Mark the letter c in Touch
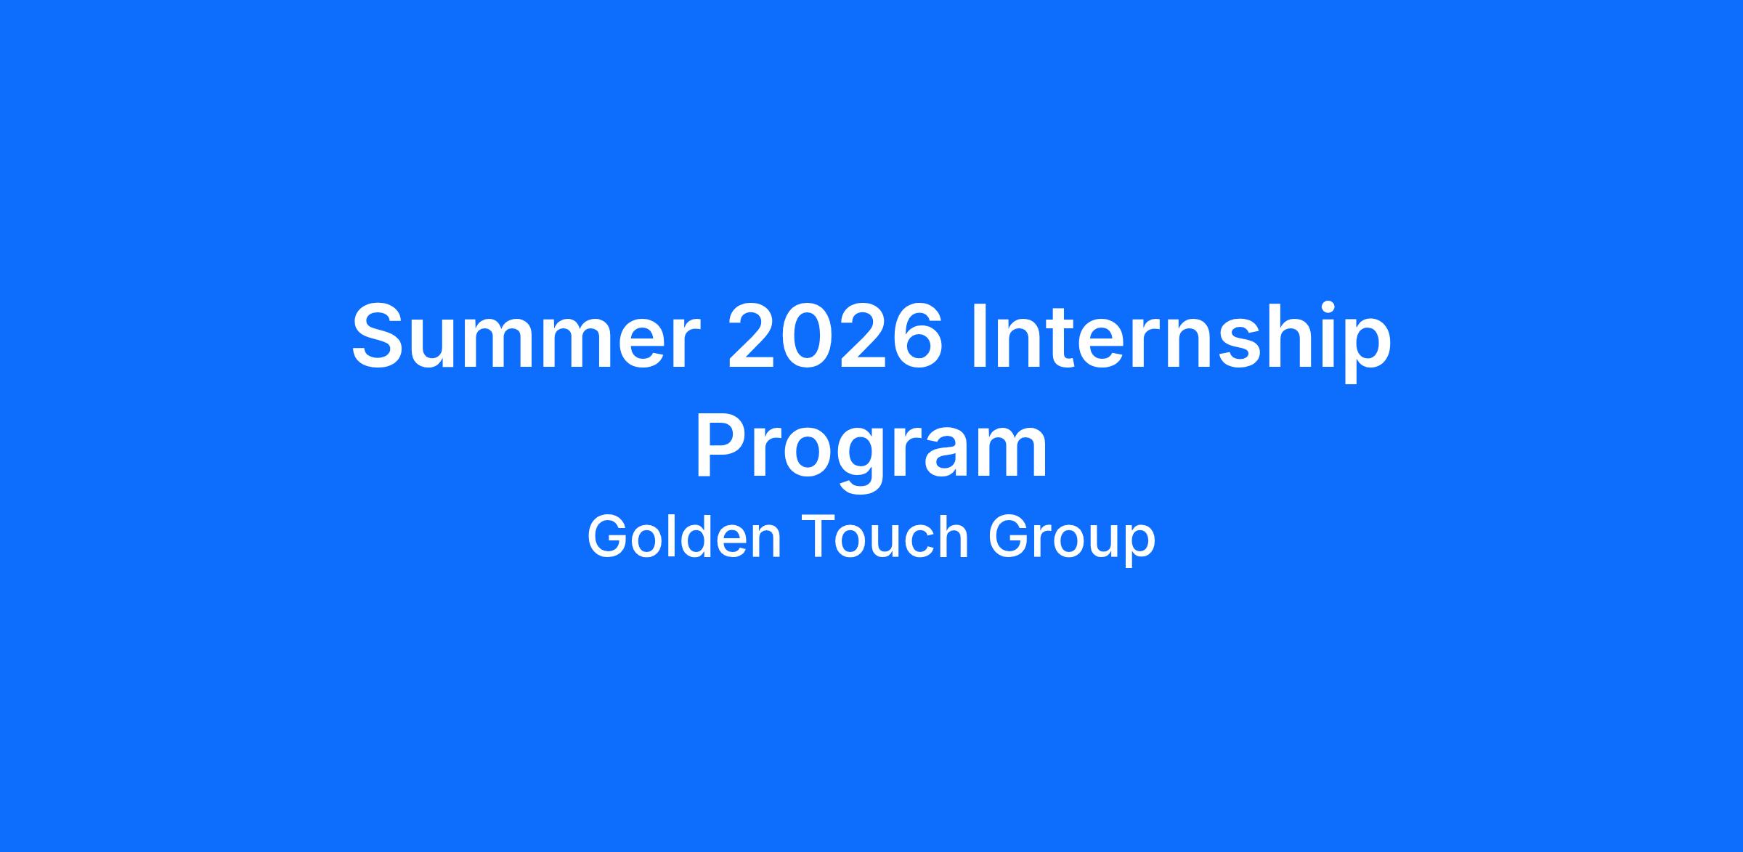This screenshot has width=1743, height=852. [917, 543]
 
